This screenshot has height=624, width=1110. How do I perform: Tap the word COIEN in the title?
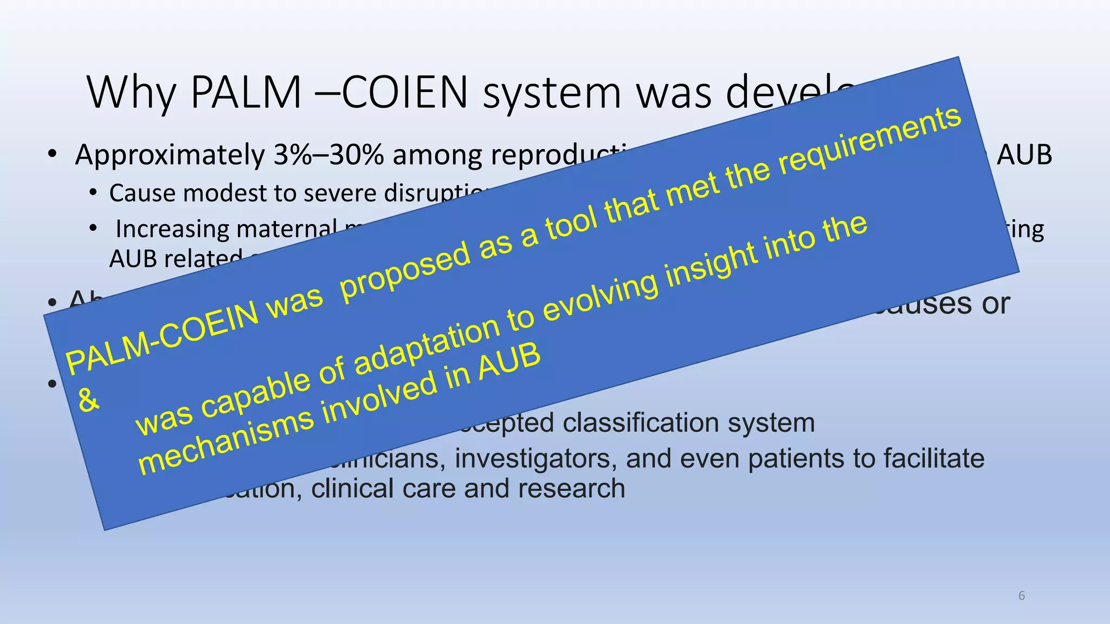click(x=404, y=92)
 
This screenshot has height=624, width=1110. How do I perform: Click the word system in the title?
click(x=552, y=93)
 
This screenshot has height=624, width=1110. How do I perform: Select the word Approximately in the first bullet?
click(x=170, y=156)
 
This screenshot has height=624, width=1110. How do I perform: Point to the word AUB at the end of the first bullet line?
click(x=1024, y=155)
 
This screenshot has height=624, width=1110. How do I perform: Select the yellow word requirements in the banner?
click(x=870, y=142)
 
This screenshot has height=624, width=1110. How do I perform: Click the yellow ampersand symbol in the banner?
click(x=88, y=401)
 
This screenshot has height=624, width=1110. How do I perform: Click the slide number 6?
click(x=1022, y=596)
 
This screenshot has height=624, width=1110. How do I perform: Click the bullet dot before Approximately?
click(x=52, y=155)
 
